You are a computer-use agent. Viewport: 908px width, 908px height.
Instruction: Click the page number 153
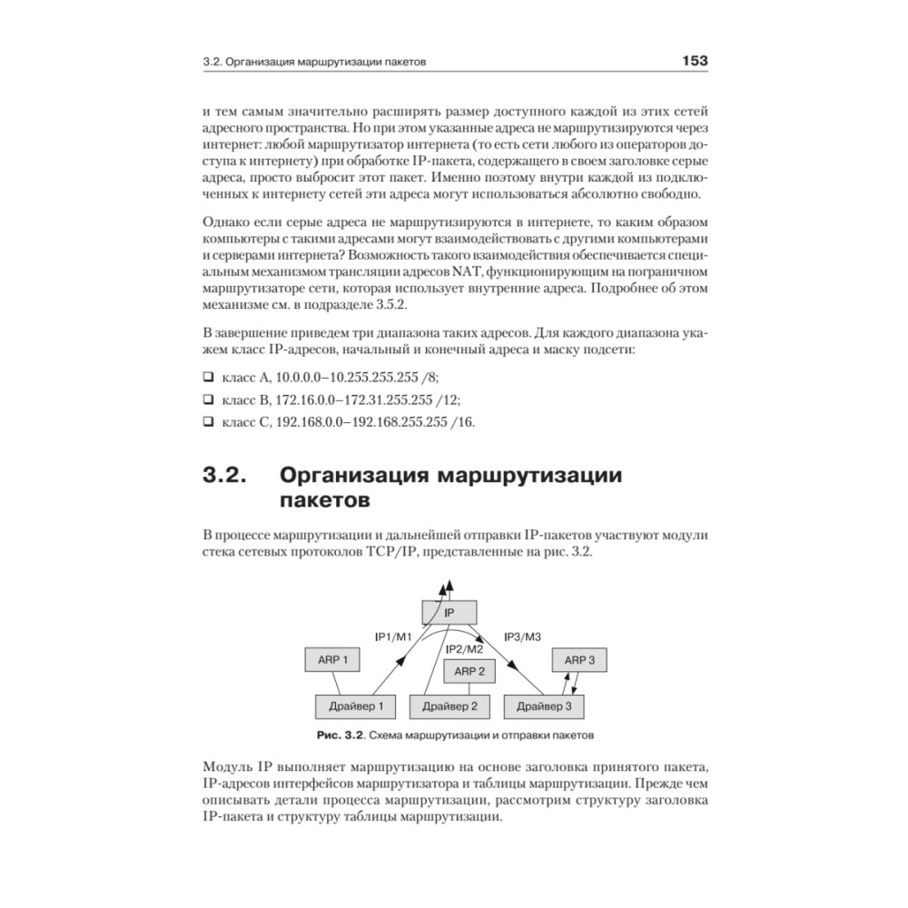[695, 62]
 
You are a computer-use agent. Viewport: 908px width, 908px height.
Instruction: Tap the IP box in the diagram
[449, 613]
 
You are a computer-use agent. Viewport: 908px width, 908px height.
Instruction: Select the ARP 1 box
[332, 659]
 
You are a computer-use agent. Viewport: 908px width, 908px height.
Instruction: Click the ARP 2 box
[469, 672]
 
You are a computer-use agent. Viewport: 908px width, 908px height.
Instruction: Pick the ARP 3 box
[579, 660]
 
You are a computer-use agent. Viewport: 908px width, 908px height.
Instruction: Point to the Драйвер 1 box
[355, 705]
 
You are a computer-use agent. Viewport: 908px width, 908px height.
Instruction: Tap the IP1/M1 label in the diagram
[393, 636]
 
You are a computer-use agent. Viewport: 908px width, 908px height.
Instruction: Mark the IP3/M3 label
[523, 636]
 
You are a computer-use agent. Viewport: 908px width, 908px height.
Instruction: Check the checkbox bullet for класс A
[207, 376]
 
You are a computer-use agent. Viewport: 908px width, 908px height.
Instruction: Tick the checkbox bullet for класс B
[207, 399]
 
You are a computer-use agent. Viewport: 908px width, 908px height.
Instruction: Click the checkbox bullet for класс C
[207, 421]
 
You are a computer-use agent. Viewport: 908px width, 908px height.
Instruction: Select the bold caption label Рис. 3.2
[340, 734]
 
